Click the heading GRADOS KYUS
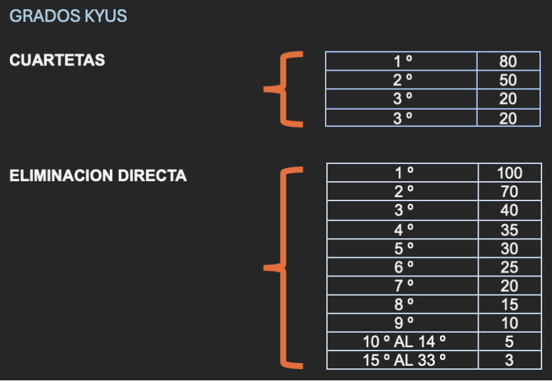tap(68, 16)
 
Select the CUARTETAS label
tap(57, 60)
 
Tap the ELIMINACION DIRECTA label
tap(98, 176)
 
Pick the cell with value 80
tap(508, 62)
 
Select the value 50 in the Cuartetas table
tap(508, 81)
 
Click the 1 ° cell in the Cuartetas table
tap(402, 62)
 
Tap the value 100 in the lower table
tap(509, 173)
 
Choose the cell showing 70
tap(509, 192)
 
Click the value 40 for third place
tap(509, 211)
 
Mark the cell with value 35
tap(509, 230)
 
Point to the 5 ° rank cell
tap(403, 249)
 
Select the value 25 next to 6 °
tap(509, 267)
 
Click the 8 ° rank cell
tap(403, 305)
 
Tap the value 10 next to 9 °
tap(509, 323)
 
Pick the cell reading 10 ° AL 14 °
tap(403, 342)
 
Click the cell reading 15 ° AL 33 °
tap(403, 360)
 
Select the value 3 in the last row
tap(509, 360)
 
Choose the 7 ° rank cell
tap(403, 286)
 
